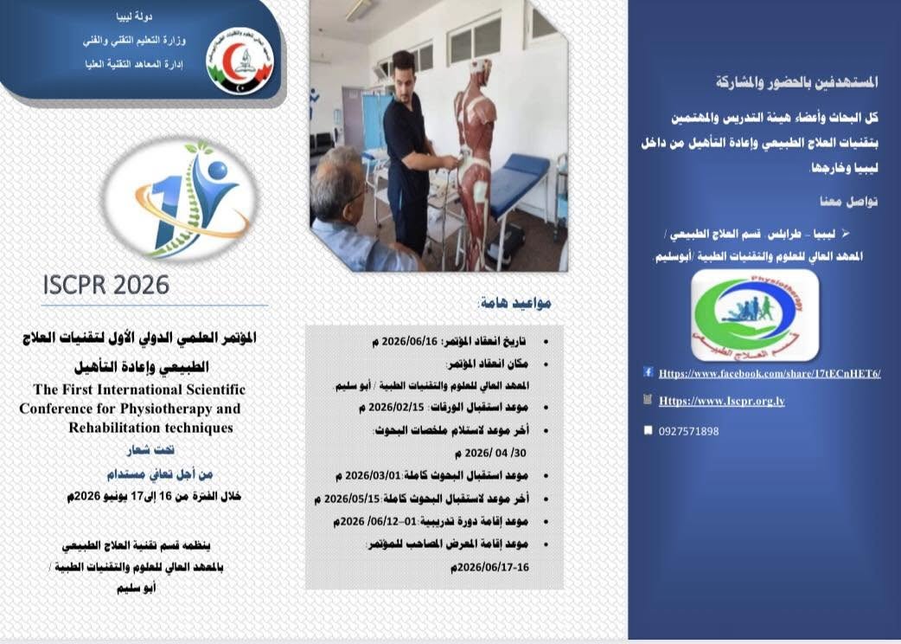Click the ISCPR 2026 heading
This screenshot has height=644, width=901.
point(106,285)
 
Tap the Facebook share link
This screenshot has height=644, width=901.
point(769,373)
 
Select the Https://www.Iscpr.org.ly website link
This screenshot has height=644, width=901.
point(721,402)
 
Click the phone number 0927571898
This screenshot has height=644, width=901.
point(688,431)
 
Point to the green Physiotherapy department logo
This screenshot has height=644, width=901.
point(755,315)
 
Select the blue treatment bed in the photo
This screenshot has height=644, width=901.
point(520,182)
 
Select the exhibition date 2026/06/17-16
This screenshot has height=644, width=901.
point(489,567)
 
